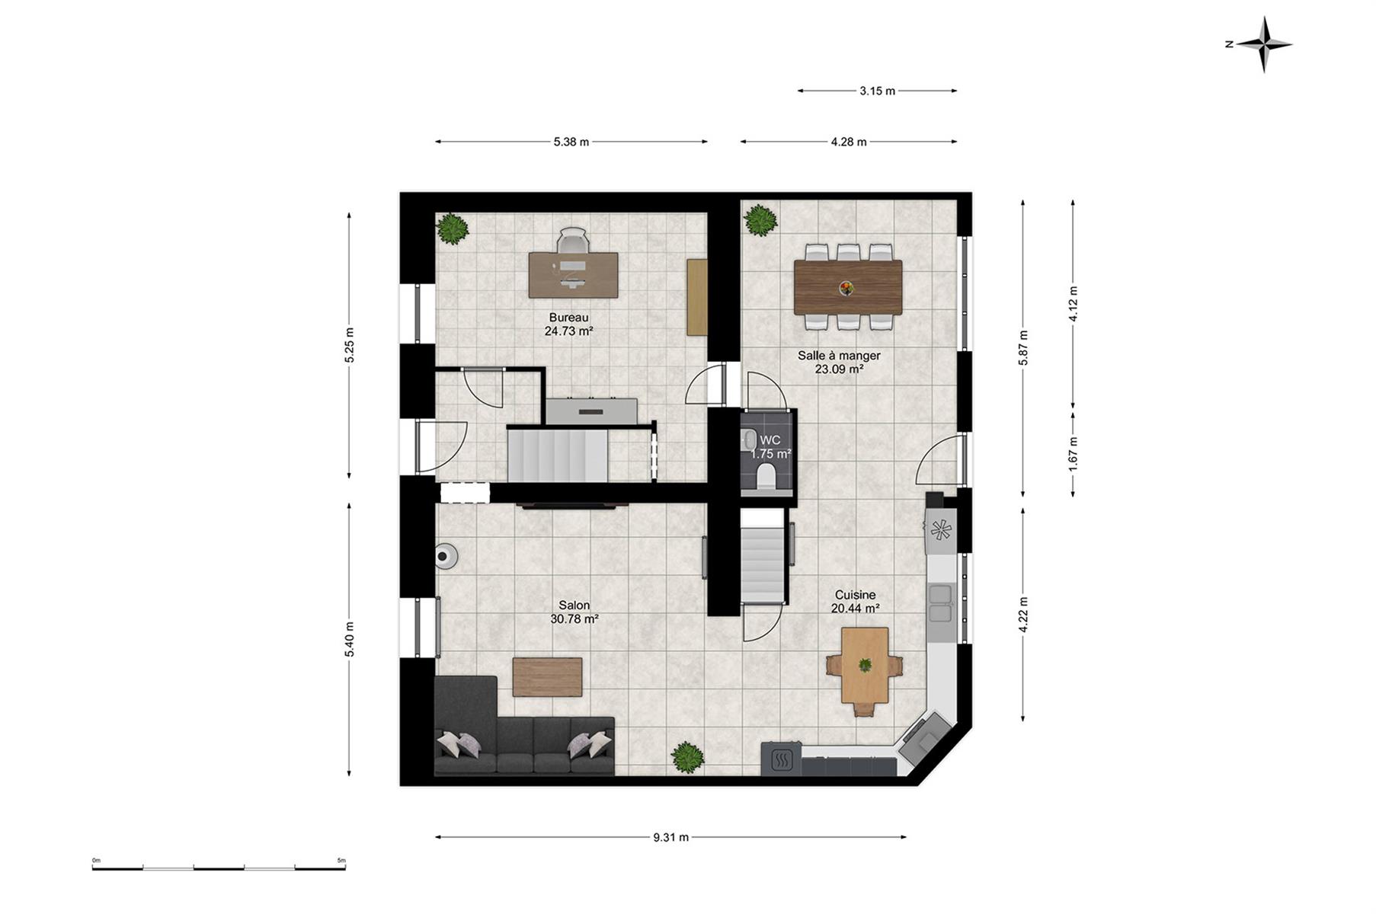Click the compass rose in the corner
(1264, 44)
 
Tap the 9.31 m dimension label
(670, 837)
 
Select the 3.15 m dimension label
(877, 91)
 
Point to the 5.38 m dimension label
(571, 142)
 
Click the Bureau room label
(568, 318)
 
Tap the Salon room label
(574, 606)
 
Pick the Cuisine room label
(855, 595)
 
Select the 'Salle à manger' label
(839, 355)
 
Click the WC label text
(770, 440)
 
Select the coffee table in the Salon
(547, 677)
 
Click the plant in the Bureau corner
(453, 228)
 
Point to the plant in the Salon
(687, 757)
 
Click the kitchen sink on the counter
(942, 602)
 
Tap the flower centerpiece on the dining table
(846, 288)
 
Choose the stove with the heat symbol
(781, 759)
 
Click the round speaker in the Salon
(446, 556)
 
